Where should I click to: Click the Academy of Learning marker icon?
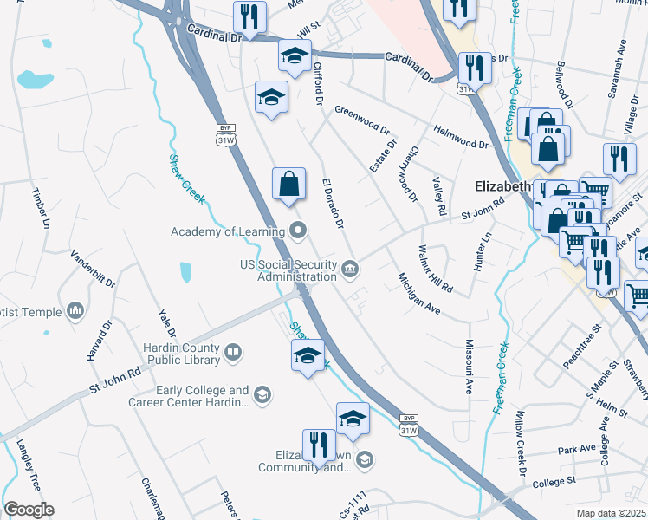point(299,231)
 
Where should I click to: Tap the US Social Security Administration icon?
point(349,268)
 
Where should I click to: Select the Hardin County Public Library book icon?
point(232,352)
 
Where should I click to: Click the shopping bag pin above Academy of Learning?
point(289,185)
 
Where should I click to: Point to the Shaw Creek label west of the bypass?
point(186,179)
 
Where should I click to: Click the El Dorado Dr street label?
point(334,205)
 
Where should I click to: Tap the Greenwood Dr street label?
point(362,120)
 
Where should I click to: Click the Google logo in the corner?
point(29,509)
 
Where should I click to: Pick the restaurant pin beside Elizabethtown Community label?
point(319,445)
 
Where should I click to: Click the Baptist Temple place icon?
point(75,310)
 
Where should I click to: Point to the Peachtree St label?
point(581,348)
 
